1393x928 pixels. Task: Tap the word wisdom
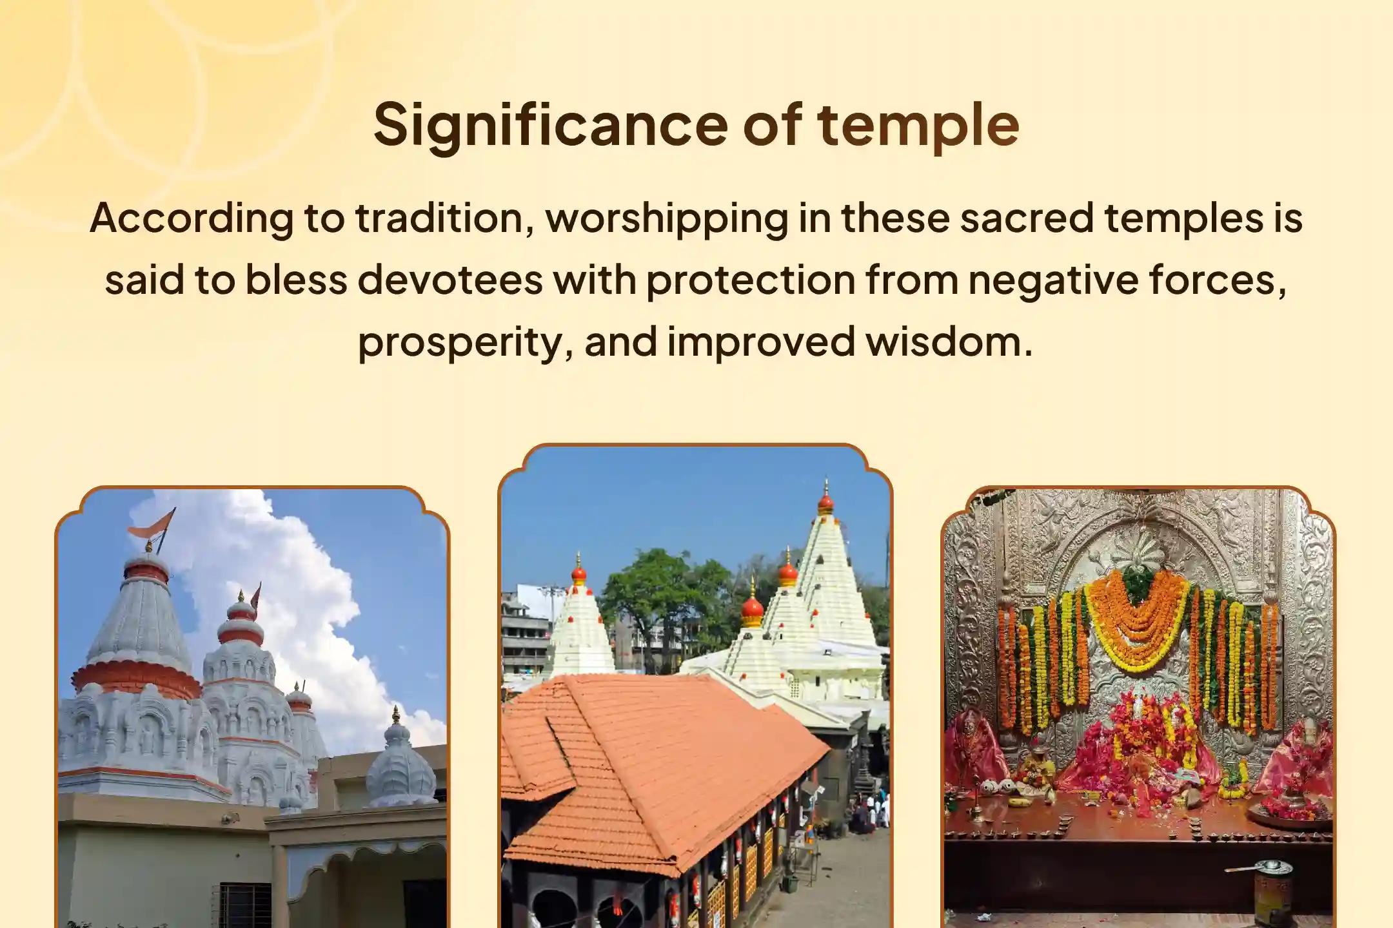(949, 341)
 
